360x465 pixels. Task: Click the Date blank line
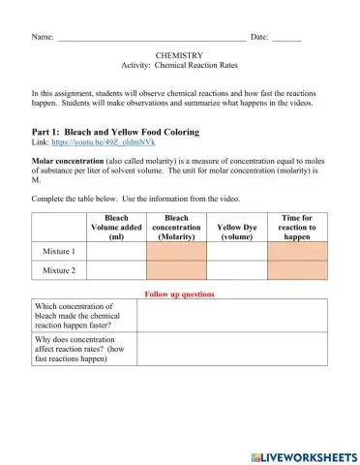coord(286,38)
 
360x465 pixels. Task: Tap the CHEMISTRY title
coord(180,57)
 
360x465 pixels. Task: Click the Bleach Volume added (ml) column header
coord(117,227)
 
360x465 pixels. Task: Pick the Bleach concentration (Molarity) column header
coord(176,227)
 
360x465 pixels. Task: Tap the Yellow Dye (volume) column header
coord(236,232)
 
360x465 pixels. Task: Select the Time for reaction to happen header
coord(296,227)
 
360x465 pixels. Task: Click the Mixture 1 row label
coord(60,250)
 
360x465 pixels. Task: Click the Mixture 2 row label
coord(60,270)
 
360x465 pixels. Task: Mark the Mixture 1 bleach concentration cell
coord(176,250)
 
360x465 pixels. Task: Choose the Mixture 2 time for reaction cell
coord(296,270)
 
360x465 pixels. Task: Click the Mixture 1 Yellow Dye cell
coord(236,250)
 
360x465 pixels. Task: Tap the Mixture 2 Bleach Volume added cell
coord(117,270)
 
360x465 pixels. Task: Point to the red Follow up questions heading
coord(179,294)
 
